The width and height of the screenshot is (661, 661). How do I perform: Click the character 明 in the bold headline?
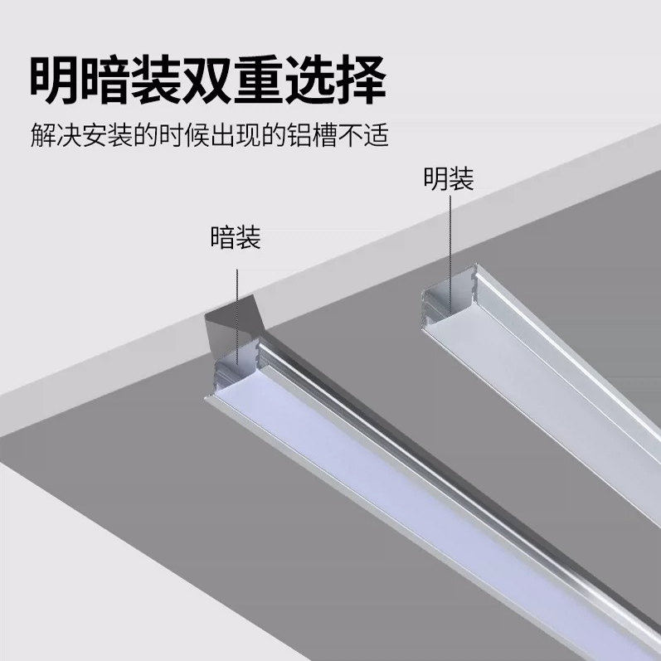point(60,80)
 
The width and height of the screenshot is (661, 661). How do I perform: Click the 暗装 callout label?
point(236,239)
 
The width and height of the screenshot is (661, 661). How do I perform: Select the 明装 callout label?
point(449,178)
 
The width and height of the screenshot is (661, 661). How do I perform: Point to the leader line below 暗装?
point(236,315)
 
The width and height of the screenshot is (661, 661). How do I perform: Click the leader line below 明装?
point(450,241)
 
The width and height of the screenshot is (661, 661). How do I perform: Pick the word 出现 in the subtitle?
point(232,134)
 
